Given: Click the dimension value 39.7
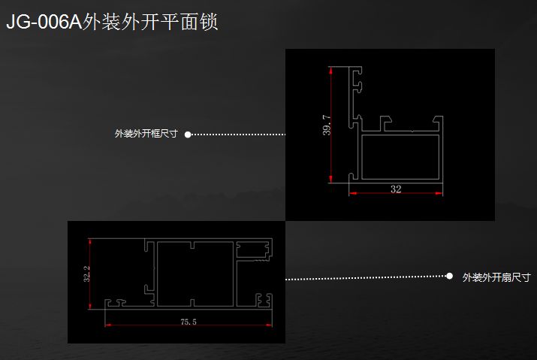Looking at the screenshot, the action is point(326,126).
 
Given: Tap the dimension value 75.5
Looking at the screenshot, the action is point(189,322).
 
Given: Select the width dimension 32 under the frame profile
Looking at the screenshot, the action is point(396,189).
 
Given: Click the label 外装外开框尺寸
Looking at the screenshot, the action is point(146,135).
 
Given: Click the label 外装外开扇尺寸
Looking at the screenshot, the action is point(496,277).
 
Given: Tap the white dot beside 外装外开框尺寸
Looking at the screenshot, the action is point(188,135).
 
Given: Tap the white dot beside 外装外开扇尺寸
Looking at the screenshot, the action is point(450,277).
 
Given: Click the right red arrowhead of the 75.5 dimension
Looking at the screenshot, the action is point(269,325).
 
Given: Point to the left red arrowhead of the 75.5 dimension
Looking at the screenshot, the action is point(107,325).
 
